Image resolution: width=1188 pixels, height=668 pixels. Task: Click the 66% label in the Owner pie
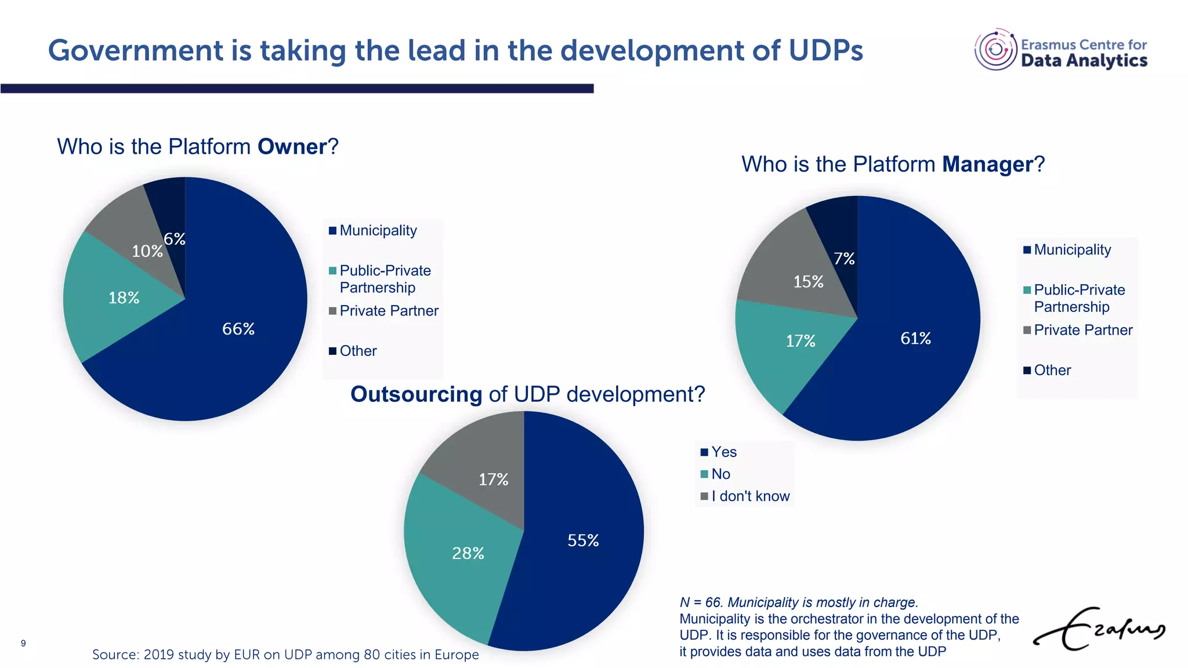point(238,329)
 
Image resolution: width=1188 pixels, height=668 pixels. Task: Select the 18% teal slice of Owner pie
point(124,297)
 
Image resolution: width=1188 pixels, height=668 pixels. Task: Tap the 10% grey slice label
point(147,251)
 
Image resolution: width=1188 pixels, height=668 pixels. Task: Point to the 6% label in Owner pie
point(175,239)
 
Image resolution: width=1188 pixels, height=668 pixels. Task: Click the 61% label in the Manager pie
point(915,338)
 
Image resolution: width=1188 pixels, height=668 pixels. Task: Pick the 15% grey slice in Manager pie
point(808,282)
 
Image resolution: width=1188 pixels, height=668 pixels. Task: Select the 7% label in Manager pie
point(844,259)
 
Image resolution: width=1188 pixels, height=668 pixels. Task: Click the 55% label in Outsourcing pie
point(583,540)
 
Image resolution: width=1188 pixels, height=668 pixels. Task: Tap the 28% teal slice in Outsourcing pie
point(468,553)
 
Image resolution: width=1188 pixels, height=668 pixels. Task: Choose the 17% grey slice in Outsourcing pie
point(493,480)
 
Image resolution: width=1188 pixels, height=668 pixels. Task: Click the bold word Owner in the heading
point(292,147)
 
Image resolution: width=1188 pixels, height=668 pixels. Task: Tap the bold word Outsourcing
point(416,394)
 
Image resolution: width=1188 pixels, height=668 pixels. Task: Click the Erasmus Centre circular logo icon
point(995,50)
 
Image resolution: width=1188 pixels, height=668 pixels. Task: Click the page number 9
point(23,643)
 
